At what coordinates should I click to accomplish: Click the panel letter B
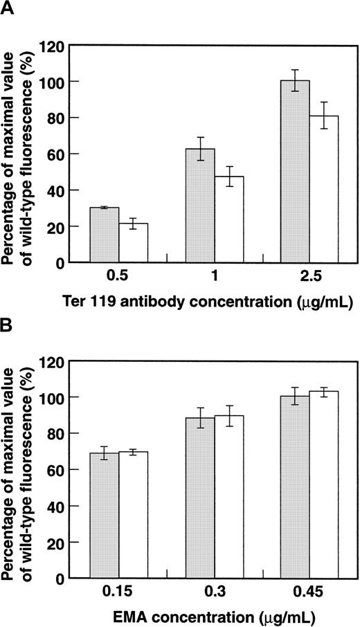(x=8, y=325)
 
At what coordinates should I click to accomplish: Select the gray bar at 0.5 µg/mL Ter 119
(x=105, y=235)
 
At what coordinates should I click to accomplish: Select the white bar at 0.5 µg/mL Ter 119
(x=133, y=242)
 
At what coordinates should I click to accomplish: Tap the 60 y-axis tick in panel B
(x=62, y=470)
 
